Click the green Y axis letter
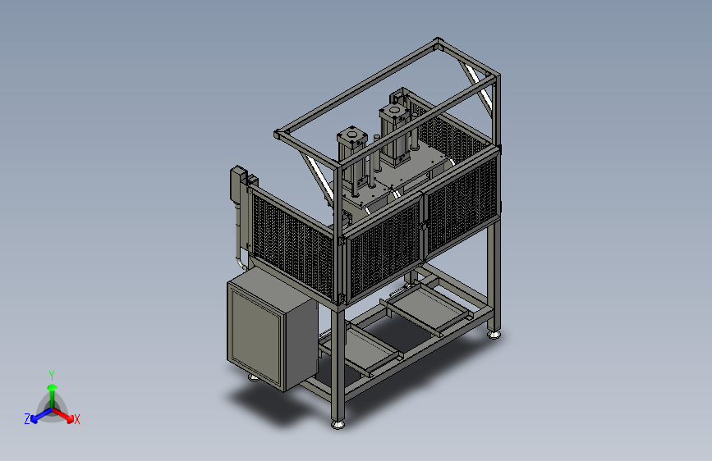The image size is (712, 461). point(52,375)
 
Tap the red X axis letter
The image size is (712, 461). point(76,419)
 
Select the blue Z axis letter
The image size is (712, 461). point(27,419)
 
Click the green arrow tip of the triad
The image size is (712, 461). point(53,387)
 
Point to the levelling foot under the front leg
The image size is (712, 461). point(338,424)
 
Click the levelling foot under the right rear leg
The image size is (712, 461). point(494,335)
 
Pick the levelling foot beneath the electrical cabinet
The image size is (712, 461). point(254,377)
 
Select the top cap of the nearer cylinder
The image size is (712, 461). point(352,135)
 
